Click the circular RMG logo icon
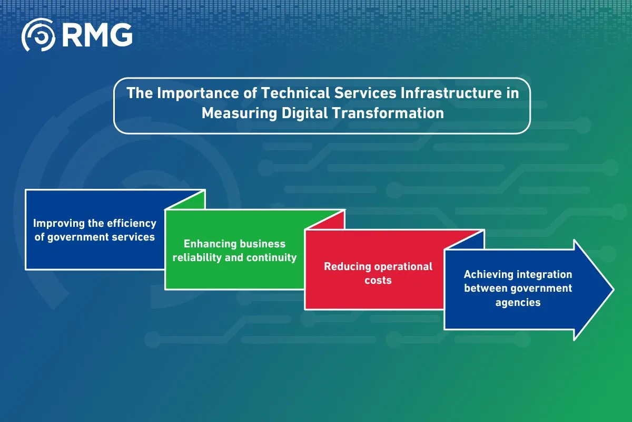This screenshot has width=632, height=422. tap(38, 35)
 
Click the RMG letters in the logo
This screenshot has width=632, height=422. tap(97, 35)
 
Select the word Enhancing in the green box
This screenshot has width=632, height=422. tap(208, 244)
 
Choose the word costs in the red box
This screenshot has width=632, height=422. tap(378, 280)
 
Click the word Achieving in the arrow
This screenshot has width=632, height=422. tap(488, 274)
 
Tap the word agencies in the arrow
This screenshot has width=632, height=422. tap(518, 303)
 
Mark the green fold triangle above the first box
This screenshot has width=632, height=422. tap(192, 201)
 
